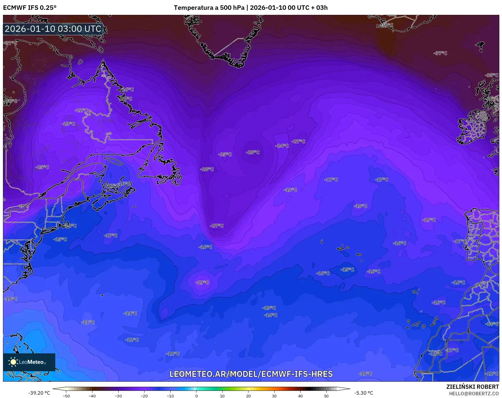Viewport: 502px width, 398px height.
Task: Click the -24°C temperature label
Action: (x=282, y=146)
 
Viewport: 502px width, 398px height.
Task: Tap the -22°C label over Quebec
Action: (x=81, y=110)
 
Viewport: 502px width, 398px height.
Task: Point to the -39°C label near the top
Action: (x=386, y=25)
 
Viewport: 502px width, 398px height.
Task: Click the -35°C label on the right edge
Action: (x=492, y=75)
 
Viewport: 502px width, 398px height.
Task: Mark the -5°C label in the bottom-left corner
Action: (x=38, y=374)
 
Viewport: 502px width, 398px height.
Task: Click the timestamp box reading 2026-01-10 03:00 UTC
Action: (x=53, y=29)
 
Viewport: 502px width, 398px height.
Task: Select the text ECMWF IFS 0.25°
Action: (x=30, y=8)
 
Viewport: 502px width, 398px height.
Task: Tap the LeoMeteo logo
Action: (x=29, y=362)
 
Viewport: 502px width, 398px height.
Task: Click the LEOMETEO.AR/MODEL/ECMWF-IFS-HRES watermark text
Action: (x=251, y=374)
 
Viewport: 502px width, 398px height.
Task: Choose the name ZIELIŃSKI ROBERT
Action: (x=472, y=387)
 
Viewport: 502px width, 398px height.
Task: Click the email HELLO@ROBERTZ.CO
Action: (x=474, y=394)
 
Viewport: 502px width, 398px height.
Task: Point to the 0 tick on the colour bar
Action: (x=196, y=396)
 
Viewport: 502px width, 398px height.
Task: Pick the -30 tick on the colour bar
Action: (x=118, y=396)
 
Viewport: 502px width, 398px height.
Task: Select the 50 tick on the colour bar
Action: (x=326, y=396)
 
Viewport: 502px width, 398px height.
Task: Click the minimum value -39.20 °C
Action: (x=39, y=393)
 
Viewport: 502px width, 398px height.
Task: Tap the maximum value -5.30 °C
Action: (x=363, y=393)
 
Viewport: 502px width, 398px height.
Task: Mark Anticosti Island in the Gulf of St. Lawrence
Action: (x=114, y=161)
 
